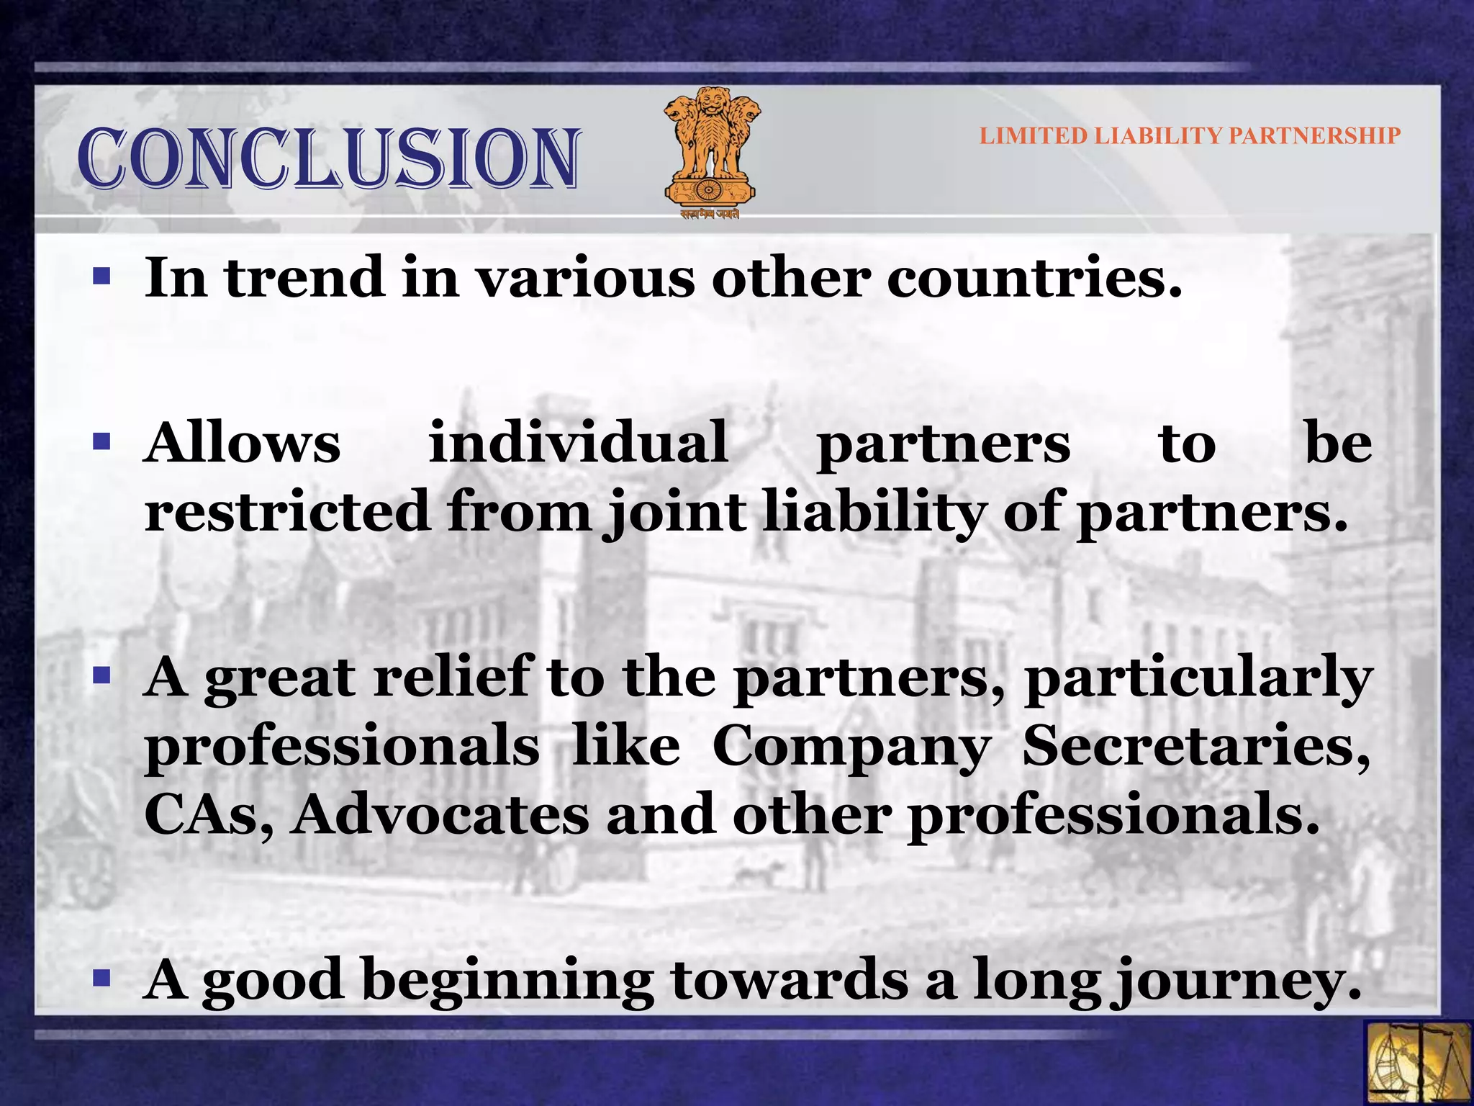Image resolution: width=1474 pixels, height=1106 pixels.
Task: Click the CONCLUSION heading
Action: click(x=328, y=158)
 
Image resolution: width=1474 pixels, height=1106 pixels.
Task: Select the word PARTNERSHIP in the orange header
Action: click(x=1314, y=135)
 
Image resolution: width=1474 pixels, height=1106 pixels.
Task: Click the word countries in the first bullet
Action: click(x=1034, y=278)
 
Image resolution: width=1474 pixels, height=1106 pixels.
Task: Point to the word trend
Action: click(x=305, y=278)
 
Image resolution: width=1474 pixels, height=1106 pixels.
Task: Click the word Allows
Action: click(x=242, y=444)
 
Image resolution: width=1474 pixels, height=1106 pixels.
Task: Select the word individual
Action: click(x=578, y=444)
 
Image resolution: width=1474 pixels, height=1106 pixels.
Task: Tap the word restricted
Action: click(x=286, y=511)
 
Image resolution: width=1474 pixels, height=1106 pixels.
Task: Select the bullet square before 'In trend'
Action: click(x=101, y=276)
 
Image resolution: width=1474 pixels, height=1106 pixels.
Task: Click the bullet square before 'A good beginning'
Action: click(x=101, y=978)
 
